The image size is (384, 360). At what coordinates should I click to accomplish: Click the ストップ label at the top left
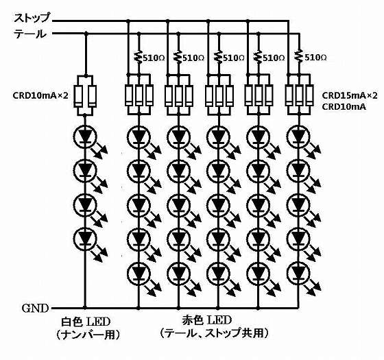pos(32,18)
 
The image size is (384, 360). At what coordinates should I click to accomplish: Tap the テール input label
pos(30,34)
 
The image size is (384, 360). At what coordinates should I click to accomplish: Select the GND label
pos(35,309)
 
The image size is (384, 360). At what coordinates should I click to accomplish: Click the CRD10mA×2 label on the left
pos(40,95)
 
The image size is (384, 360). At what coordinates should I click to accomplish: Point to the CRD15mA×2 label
pos(350,95)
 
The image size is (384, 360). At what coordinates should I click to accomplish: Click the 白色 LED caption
pos(86,322)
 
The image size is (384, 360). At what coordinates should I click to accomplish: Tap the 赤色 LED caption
pos(207,320)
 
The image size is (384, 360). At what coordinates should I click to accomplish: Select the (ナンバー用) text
pos(88,335)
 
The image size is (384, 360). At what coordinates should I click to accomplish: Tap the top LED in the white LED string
pos(86,137)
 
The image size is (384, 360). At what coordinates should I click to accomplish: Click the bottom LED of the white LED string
pos(86,238)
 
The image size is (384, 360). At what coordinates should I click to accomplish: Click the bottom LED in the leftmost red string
pos(139,273)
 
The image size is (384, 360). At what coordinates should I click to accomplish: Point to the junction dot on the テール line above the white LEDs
pos(86,34)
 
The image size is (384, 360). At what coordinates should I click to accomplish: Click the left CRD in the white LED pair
pos(78,96)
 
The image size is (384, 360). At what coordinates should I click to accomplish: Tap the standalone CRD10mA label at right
pos(344,107)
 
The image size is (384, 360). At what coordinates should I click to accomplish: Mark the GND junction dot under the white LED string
pos(85,308)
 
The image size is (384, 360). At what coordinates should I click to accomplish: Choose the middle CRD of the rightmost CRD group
pos(299,95)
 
